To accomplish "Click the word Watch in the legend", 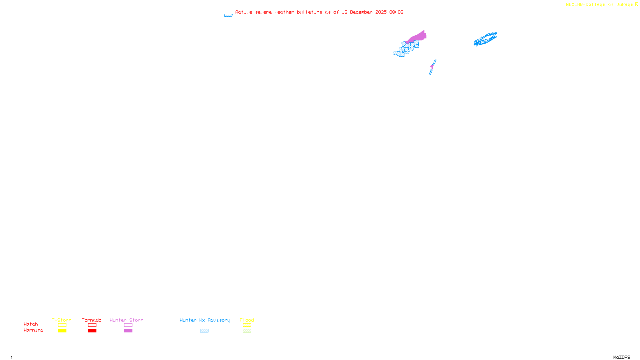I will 31,324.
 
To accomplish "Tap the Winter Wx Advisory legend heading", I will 205,320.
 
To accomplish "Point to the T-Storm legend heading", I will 62,320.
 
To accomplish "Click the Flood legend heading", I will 247,320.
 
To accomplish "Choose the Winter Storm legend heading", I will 126,320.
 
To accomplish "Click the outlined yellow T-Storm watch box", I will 62,325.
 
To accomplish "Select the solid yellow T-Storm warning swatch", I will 62,331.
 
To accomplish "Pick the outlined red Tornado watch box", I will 92,325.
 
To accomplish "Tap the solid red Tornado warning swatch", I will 92,331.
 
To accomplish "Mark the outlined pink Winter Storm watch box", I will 128,325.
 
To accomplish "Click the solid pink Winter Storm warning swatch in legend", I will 128,331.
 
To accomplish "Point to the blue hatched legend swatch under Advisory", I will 204,331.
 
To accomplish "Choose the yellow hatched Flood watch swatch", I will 247,325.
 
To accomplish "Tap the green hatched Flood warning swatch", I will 247,331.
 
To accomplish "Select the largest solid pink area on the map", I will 418,37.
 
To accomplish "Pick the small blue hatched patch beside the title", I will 229,16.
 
